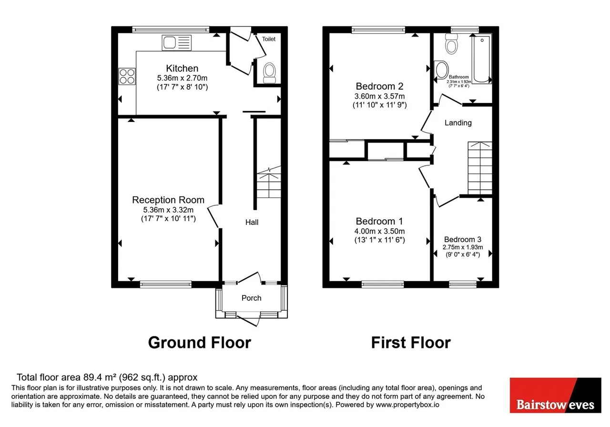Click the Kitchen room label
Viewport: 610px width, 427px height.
pos(182,68)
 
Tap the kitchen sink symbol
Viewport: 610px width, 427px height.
pos(176,43)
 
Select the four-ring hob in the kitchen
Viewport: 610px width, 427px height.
pos(127,76)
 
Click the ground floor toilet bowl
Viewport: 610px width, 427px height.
pos(269,73)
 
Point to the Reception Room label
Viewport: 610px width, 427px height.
pos(168,200)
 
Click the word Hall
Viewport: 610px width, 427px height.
pos(252,222)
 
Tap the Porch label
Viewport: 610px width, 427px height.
pos(251,298)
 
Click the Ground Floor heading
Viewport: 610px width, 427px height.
pos(199,343)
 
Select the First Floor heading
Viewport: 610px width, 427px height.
pos(411,343)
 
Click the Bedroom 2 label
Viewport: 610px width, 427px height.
pos(379,86)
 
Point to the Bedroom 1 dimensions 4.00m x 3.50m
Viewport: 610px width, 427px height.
pos(379,231)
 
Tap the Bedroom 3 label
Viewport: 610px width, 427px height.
pos(462,239)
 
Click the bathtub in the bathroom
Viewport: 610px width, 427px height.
pos(482,59)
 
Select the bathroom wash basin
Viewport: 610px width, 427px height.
pos(441,70)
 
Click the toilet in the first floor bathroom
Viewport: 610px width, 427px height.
pos(451,44)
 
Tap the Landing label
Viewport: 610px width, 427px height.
pos(458,123)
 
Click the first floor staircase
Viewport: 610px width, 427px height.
pos(480,168)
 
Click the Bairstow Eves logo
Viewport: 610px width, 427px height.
pos(555,395)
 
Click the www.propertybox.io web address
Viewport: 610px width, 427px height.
pos(407,405)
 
